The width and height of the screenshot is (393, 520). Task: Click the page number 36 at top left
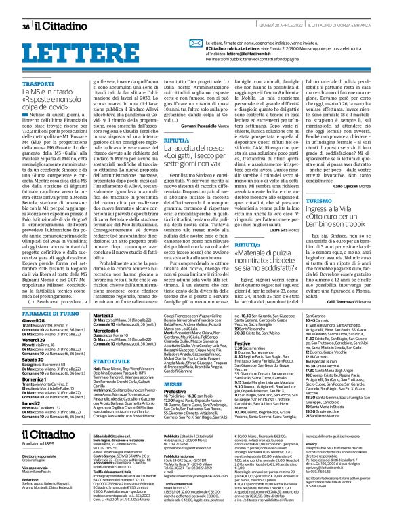(x=26, y=8)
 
